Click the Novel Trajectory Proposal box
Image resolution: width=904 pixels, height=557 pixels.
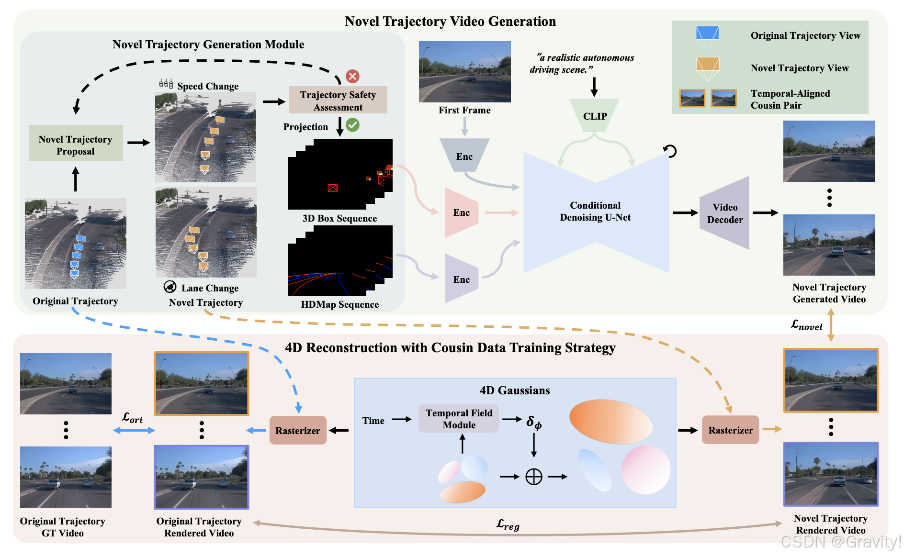pos(76,144)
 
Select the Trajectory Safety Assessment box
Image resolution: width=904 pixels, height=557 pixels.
pos(338,100)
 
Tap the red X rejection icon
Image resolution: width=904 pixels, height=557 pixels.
pos(353,76)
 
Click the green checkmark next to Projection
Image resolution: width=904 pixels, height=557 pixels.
pos(353,125)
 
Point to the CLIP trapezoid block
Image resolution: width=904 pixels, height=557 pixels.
pos(595,115)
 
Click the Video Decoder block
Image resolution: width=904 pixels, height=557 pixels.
pos(724,213)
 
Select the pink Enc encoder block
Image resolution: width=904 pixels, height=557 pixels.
pos(461,212)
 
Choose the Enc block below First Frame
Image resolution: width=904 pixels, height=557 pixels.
pos(464,156)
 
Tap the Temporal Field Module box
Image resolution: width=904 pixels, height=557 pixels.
pos(459,419)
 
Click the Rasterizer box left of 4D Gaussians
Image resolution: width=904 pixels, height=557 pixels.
pos(298,430)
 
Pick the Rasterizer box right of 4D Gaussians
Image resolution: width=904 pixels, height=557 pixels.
pos(730,430)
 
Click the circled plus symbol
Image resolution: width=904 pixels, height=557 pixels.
pos(534,477)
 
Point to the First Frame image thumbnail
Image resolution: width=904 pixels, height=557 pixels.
pos(464,72)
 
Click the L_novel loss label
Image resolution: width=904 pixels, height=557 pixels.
pos(807,325)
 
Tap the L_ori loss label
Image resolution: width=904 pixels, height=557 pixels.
pos(132,418)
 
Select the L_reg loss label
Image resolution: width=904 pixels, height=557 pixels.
pos(508,525)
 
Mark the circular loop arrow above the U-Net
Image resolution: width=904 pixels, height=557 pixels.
pos(670,151)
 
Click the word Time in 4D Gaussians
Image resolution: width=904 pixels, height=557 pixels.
pos(373,421)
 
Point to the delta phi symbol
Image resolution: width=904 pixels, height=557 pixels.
pos(534,422)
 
